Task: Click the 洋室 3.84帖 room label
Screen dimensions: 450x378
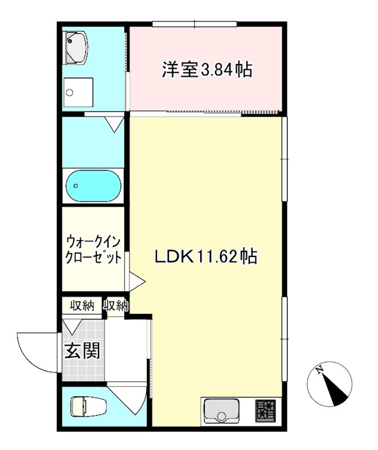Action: [x=206, y=70]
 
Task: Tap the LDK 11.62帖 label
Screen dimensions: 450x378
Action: [x=206, y=256]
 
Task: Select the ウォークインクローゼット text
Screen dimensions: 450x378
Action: [x=93, y=250]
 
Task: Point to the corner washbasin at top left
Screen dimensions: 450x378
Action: [x=74, y=47]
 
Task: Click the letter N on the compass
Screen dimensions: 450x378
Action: [x=319, y=370]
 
